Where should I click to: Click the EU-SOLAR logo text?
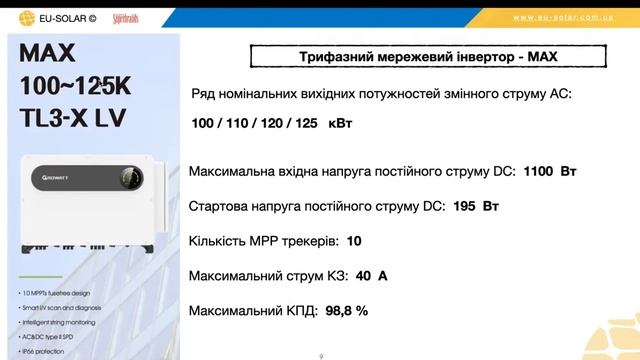tap(68, 17)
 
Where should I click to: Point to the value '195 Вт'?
tap(476, 207)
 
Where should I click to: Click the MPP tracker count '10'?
tap(354, 241)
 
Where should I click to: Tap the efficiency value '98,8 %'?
tap(345, 310)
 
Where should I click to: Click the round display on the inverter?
tap(130, 179)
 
